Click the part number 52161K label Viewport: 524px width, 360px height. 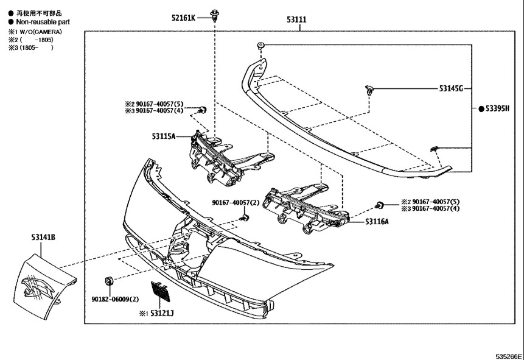(x=183, y=18)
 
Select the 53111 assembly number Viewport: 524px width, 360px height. (x=296, y=19)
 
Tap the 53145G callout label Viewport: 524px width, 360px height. (x=451, y=89)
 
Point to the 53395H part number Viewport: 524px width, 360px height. (x=497, y=108)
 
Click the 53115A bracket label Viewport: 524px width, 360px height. (x=164, y=136)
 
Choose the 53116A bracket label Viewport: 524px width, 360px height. (x=377, y=221)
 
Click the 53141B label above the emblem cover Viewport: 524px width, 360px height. (x=43, y=237)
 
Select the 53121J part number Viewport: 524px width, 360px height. (x=162, y=313)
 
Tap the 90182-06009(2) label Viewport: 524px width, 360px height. (x=115, y=299)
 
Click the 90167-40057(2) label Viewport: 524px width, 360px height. (x=236, y=202)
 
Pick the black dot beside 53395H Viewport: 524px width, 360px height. (x=481, y=109)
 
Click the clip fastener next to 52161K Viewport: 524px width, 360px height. (x=214, y=15)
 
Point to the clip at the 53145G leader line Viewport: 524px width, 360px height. (x=369, y=90)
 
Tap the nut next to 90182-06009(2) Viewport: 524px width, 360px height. (x=108, y=281)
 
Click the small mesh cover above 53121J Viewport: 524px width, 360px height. (x=161, y=291)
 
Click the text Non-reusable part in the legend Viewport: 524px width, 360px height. (x=43, y=22)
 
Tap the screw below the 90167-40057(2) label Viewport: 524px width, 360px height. (x=245, y=218)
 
